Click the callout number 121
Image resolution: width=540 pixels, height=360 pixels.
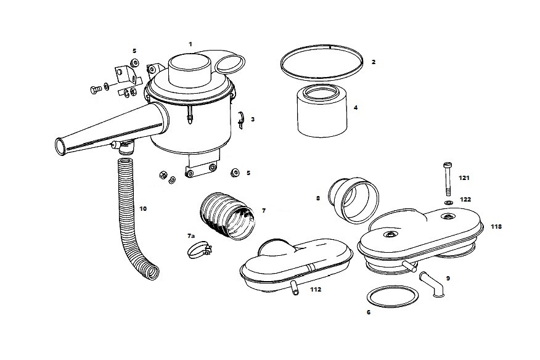click(464, 178)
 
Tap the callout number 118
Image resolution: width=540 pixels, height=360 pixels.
click(496, 227)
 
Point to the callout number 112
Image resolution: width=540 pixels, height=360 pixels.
click(316, 288)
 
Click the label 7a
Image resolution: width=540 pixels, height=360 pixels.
click(191, 236)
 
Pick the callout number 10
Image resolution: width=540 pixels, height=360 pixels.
click(143, 209)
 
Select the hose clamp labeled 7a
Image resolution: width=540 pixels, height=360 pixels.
click(198, 250)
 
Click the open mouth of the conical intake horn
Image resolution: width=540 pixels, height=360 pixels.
click(59, 147)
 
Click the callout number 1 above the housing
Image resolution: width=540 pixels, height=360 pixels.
click(190, 44)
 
